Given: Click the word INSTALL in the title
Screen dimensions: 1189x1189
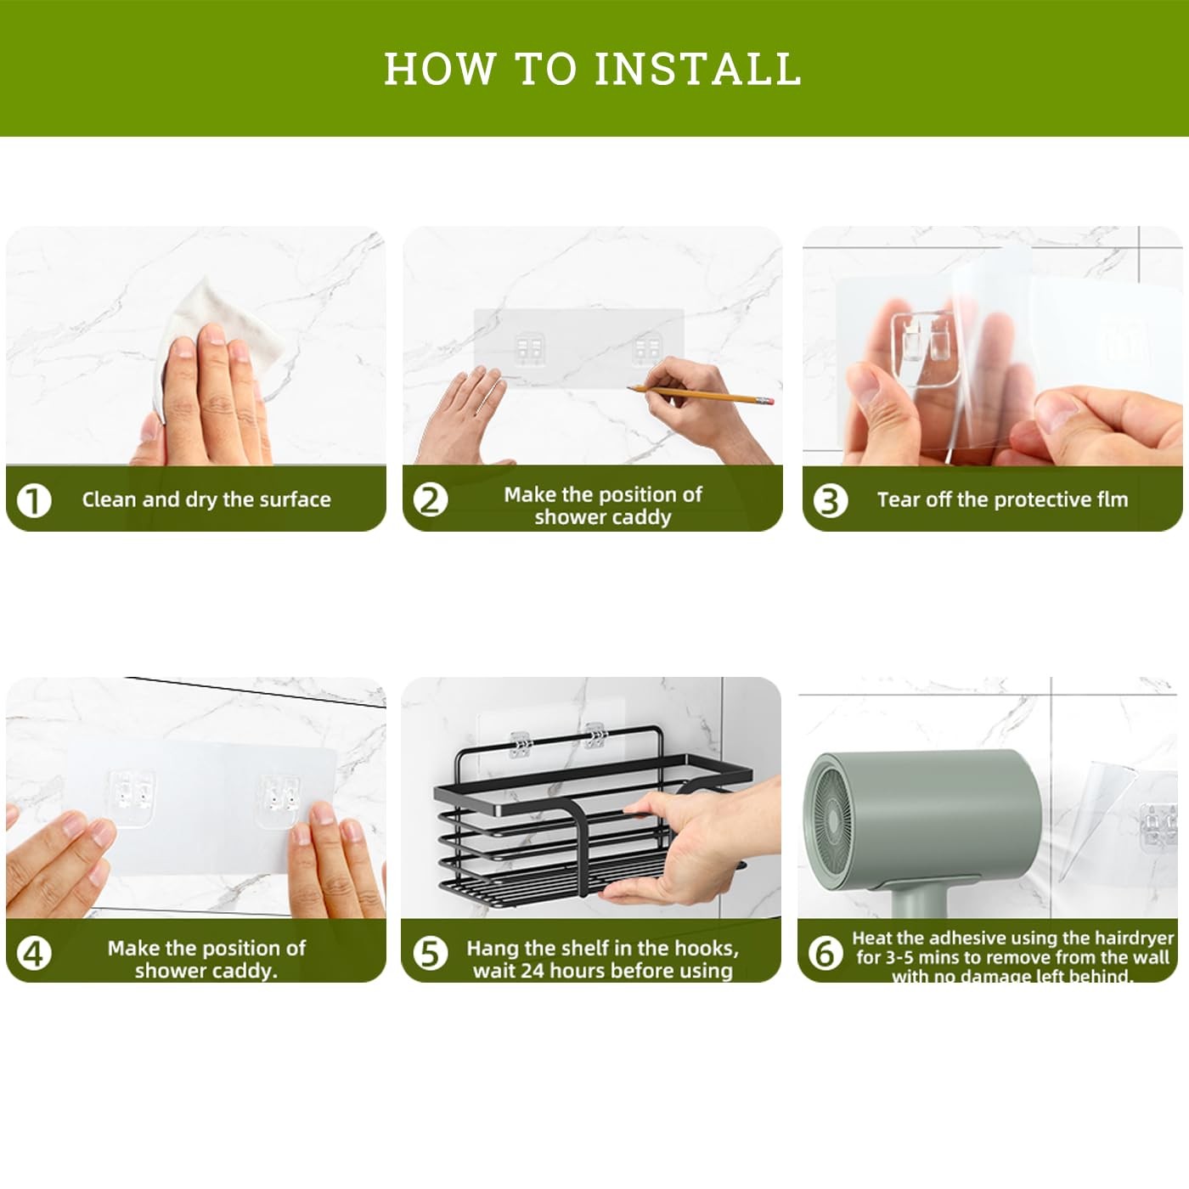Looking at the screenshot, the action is tap(697, 68).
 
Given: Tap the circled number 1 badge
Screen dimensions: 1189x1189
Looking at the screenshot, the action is tap(34, 500).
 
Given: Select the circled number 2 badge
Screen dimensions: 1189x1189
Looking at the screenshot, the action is tap(430, 500).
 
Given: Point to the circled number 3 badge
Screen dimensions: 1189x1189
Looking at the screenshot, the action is tap(830, 500).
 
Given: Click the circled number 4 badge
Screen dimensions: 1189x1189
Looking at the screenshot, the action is tap(34, 953).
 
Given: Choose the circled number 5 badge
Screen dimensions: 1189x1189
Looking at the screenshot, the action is tap(430, 953).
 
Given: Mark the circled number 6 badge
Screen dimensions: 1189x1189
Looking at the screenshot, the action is tap(826, 953).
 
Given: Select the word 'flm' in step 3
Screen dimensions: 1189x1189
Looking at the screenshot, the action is tap(1112, 499).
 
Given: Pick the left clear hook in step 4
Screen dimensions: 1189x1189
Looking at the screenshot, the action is tap(132, 797).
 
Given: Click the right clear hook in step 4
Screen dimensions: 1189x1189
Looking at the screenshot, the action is tap(279, 802).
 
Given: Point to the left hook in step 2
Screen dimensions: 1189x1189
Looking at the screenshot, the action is tap(529, 350).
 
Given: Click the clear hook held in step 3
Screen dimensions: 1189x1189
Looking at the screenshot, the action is tap(923, 348).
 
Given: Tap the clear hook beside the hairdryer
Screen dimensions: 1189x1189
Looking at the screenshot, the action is tap(1158, 827).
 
